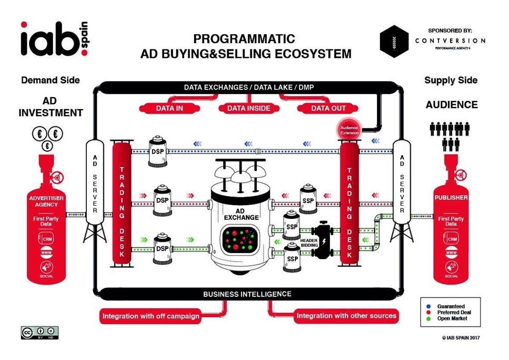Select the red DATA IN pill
point(169,108)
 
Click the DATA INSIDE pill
point(248,108)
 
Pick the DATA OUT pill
point(327,108)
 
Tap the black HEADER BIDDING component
point(322,244)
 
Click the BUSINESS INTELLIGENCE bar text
point(247,294)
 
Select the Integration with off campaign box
point(151,316)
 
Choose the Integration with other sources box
point(346,316)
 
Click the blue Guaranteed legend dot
point(429,306)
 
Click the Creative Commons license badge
point(39,332)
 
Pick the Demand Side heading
point(51,81)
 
